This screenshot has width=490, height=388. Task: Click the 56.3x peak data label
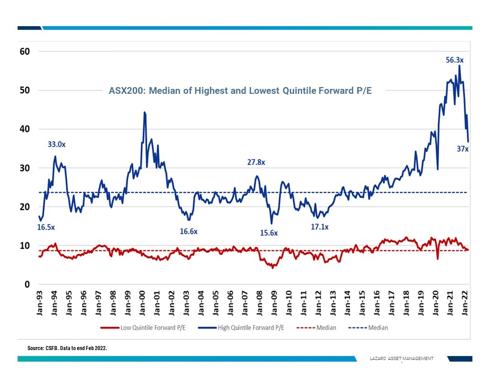(455, 60)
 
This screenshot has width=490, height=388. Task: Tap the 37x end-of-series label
(462, 149)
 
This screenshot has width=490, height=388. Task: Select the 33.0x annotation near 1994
(57, 145)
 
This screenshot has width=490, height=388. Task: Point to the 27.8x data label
(256, 162)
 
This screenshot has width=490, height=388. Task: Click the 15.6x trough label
(269, 233)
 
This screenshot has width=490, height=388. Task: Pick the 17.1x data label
(319, 227)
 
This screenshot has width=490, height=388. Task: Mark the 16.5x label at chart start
(46, 227)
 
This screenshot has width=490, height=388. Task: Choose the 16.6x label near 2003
(189, 231)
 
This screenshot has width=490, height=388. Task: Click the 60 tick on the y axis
(24, 51)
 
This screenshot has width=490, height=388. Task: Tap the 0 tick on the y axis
(27, 285)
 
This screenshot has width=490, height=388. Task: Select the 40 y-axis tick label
(24, 129)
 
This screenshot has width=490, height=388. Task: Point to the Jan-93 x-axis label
(41, 303)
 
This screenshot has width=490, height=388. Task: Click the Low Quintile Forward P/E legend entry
(146, 328)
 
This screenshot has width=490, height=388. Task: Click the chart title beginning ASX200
(240, 91)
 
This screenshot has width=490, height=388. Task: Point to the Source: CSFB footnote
(67, 348)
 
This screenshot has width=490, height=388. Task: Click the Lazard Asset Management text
(401, 358)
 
